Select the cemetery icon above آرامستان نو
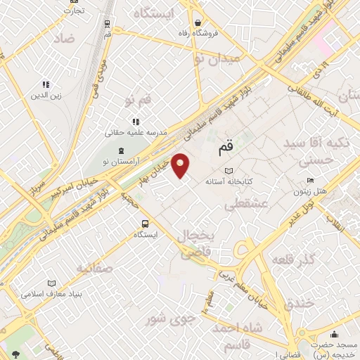[121, 150]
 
